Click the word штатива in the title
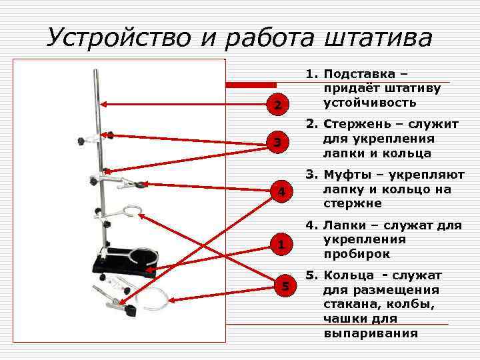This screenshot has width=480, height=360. pyautogui.click(x=378, y=37)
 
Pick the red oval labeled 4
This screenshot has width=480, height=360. pyautogui.click(x=282, y=192)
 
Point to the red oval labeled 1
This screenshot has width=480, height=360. pyautogui.click(x=282, y=245)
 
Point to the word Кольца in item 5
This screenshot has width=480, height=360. pyautogui.click(x=347, y=275)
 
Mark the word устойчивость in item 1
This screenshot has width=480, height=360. pyautogui.click(x=369, y=103)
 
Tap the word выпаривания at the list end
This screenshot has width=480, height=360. pyautogui.click(x=371, y=333)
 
